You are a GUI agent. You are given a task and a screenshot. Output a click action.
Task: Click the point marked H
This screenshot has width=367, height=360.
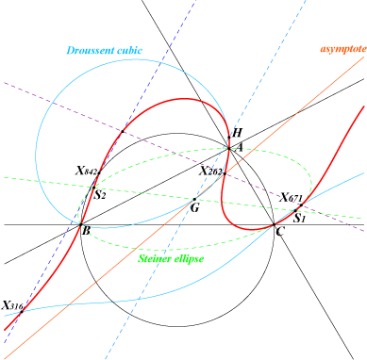(229, 138)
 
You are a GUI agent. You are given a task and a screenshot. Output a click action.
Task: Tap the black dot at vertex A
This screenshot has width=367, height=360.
(229, 148)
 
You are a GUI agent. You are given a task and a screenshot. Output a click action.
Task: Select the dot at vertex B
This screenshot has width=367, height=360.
(80, 224)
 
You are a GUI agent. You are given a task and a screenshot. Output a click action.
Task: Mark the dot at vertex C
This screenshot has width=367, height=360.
(274, 224)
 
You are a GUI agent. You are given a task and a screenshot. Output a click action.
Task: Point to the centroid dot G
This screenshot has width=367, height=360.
(194, 199)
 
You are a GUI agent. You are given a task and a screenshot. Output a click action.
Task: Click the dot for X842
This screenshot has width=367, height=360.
(99, 172)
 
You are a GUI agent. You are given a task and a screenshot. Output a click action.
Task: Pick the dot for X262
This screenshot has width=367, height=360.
(225, 173)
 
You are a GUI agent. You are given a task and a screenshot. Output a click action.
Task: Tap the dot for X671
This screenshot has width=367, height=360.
(301, 205)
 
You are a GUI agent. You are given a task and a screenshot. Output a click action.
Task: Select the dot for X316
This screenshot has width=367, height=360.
(22, 312)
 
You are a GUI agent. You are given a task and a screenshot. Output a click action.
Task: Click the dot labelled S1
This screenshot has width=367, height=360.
(295, 210)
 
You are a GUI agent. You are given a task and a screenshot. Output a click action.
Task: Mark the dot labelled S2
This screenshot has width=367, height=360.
(93, 188)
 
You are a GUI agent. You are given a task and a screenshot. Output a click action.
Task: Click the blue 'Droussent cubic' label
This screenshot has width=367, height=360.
(105, 50)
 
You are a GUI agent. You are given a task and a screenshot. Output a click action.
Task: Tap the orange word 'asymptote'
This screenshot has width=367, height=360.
(343, 49)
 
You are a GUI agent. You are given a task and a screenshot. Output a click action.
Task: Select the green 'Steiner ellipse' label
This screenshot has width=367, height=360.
(171, 258)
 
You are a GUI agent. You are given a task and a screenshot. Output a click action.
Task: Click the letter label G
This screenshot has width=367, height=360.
(195, 207)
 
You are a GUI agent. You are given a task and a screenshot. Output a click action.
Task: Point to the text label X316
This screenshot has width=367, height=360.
(12, 305)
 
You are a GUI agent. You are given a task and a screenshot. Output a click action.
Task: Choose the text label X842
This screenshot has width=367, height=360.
(86, 171)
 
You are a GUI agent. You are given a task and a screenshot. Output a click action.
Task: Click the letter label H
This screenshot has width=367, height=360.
(237, 132)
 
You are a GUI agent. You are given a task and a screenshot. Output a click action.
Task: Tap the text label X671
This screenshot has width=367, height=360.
(291, 198)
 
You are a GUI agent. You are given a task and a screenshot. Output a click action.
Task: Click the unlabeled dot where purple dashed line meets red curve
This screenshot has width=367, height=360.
(123, 131)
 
